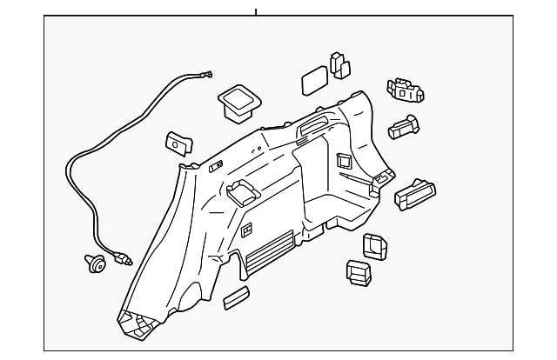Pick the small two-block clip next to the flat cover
click(x=339, y=64)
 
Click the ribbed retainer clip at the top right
click(x=406, y=90)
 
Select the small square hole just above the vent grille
click(x=246, y=230)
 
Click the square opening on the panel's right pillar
click(x=342, y=160)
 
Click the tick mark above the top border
click(x=256, y=10)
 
